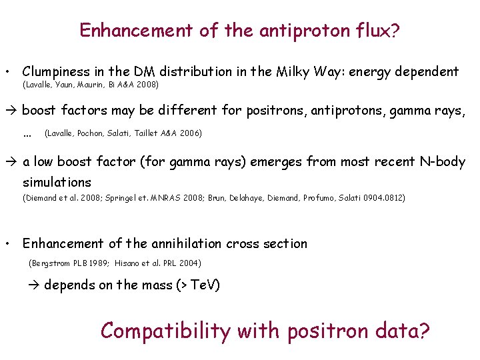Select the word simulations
[57, 182]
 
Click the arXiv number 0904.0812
[385, 197]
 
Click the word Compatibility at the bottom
[165, 331]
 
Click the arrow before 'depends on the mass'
[36, 285]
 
